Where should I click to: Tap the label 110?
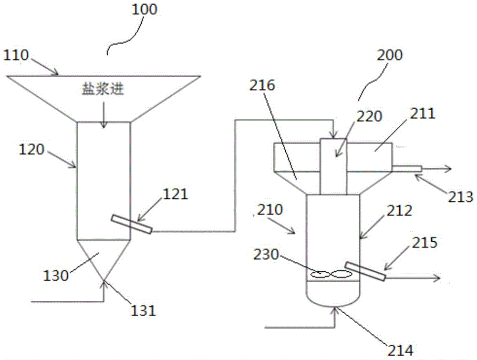[18, 56]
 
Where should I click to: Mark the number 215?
[422, 245]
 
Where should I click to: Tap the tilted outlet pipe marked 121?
[132, 224]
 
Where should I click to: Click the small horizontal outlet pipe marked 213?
[406, 168]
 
